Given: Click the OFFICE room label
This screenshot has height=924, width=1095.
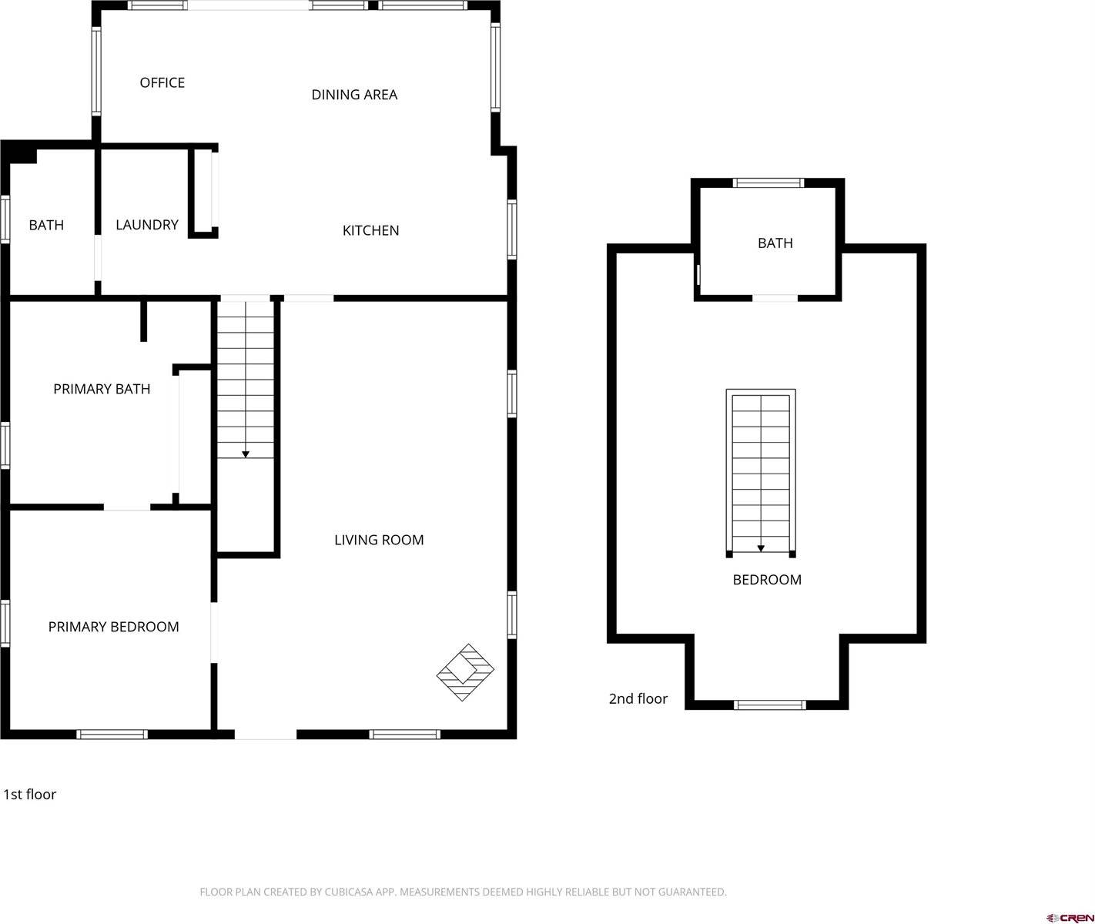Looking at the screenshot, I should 162,82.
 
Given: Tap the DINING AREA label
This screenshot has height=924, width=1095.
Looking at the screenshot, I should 354,95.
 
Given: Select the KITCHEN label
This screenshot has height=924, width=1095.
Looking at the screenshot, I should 370,230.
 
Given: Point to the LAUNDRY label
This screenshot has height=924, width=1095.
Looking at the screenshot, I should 146,225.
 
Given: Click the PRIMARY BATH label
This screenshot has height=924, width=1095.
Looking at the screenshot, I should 102,389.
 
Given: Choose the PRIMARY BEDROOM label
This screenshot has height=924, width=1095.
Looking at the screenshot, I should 113,627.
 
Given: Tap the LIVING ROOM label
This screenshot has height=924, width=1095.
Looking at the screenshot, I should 379,540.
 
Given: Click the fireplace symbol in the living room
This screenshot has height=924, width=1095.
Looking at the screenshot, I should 465,672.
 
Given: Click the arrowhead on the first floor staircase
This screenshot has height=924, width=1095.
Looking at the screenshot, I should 246,454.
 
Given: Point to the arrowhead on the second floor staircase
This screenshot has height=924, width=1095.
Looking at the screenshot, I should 761,548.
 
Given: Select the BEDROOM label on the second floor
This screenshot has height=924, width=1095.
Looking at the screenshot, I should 766,580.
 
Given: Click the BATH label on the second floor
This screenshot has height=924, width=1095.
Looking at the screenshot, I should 775,243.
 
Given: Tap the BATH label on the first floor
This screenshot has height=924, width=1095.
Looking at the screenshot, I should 46,225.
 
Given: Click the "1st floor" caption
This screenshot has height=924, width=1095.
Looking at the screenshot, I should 30,795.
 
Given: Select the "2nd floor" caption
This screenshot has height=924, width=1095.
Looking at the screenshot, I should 638,699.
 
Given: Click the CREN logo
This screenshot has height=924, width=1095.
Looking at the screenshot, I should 1070,917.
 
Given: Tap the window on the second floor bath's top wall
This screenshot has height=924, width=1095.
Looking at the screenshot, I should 768,183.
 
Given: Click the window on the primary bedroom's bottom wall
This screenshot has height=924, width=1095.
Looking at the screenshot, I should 112,735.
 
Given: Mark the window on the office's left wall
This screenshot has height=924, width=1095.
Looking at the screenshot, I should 96,71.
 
